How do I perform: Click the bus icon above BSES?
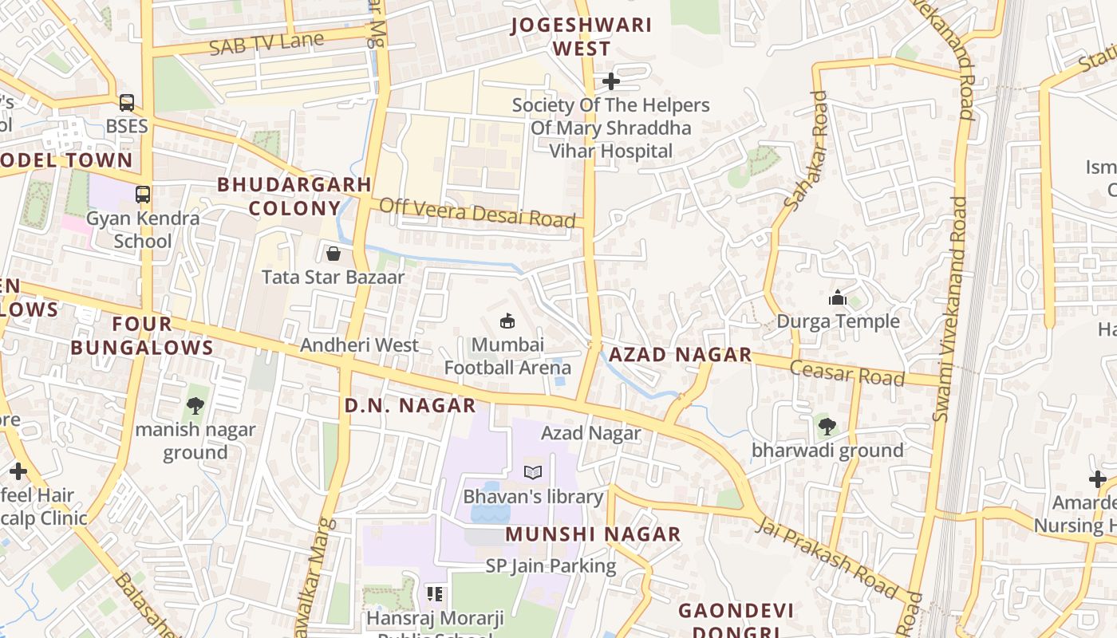[127, 102]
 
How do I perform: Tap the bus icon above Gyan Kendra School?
[143, 194]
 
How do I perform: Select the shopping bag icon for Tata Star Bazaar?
[334, 254]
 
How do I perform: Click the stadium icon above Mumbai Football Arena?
[507, 321]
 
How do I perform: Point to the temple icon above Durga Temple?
[838, 297]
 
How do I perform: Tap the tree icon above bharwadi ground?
[827, 426]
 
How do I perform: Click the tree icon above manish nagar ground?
[195, 406]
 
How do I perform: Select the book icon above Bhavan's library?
[533, 472]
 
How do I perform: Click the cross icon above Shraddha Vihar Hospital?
[610, 81]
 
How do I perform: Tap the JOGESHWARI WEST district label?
[582, 37]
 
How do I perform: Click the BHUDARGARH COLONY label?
[294, 196]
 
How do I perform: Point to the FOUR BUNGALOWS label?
[142, 336]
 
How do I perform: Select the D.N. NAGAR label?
[410, 405]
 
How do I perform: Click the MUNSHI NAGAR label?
[593, 534]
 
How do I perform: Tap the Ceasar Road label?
[847, 372]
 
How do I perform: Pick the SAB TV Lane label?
[266, 43]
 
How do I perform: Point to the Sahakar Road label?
[807, 151]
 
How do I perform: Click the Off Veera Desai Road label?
[477, 213]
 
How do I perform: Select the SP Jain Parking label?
[551, 566]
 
